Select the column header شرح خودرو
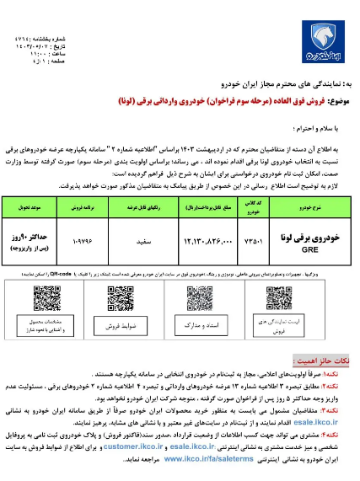[309, 205]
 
